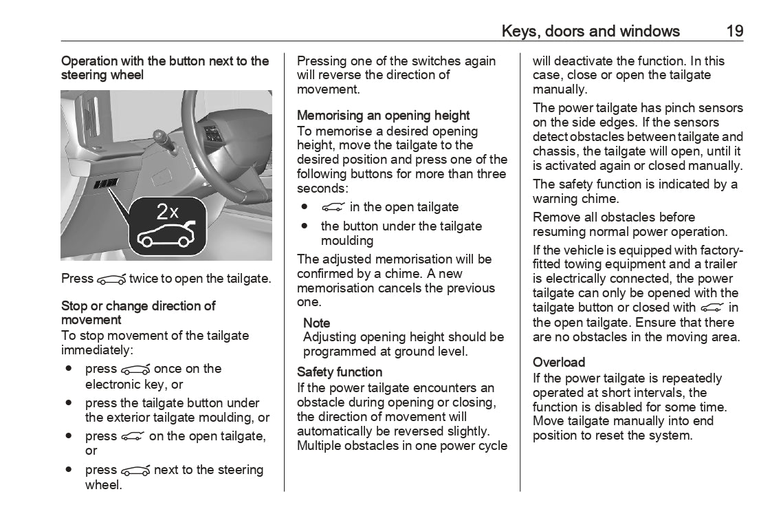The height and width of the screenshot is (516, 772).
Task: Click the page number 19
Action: coord(734,31)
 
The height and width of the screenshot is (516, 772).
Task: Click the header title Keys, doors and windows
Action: coord(591,31)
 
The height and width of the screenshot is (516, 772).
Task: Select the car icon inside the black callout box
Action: coord(167,235)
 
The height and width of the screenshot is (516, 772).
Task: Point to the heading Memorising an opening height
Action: coord(383,116)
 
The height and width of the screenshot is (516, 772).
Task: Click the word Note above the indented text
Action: coord(316,323)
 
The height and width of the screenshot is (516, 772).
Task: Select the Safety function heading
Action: coord(339,372)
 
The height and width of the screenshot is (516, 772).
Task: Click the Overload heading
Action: coord(559,362)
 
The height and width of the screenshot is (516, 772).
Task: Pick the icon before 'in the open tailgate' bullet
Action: coord(333,207)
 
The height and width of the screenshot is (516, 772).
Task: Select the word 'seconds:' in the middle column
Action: coord(320,188)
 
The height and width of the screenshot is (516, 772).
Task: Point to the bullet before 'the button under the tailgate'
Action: coord(304,226)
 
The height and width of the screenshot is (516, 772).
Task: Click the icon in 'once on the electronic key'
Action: coord(135,369)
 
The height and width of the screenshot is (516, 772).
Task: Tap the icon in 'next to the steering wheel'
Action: coord(135,471)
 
